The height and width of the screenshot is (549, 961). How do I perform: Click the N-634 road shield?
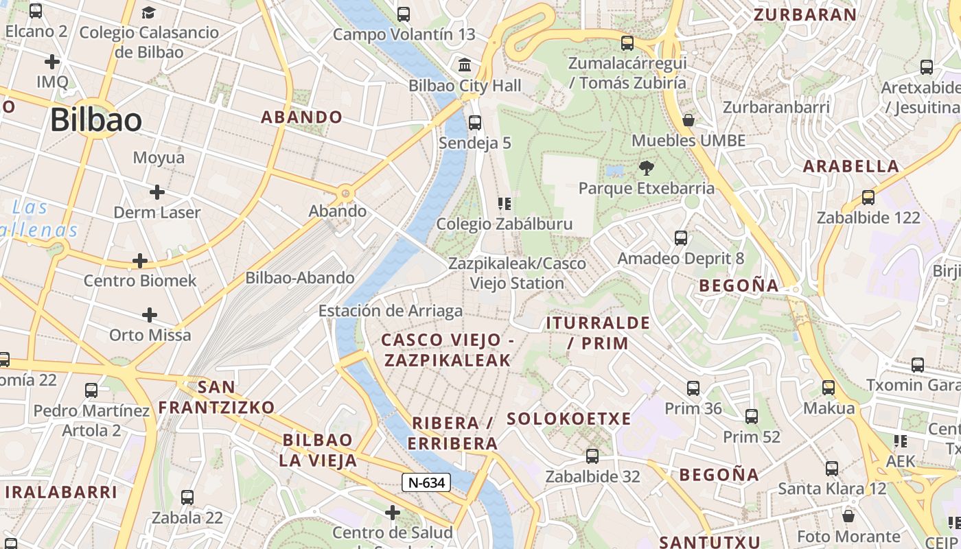pos(426,482)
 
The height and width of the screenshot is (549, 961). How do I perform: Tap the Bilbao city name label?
pos(96,121)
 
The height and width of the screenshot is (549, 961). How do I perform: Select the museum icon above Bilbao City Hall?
pos(465,65)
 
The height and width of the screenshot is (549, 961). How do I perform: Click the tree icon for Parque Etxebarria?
pos(646,168)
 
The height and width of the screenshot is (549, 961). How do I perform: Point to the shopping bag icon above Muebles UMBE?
pos(688,121)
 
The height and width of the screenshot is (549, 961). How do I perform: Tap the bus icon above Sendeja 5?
pos(474,123)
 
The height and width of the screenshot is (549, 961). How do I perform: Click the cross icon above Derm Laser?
pos(157,192)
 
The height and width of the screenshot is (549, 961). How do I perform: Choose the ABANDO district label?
pos(301,117)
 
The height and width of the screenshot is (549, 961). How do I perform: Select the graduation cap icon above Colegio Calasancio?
pos(148,12)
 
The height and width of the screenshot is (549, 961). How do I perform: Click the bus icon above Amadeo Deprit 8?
pos(680,238)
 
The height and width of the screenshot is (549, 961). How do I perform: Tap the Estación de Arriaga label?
pos(390,311)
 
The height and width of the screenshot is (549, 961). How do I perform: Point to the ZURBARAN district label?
pos(805,15)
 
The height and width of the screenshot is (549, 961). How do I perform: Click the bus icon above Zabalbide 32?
pos(592,456)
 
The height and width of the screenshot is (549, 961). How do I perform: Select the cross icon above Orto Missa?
pos(150,315)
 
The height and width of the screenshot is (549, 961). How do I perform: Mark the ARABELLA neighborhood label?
pos(850,166)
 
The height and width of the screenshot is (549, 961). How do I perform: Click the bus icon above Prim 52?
pos(752,417)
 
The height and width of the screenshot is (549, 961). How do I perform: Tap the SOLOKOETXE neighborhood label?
pos(568,419)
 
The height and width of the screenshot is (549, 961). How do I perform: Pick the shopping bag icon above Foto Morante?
pos(848,516)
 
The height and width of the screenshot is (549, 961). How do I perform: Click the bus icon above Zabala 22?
pos(187,498)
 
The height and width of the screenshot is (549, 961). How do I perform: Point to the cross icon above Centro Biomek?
pos(140,261)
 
